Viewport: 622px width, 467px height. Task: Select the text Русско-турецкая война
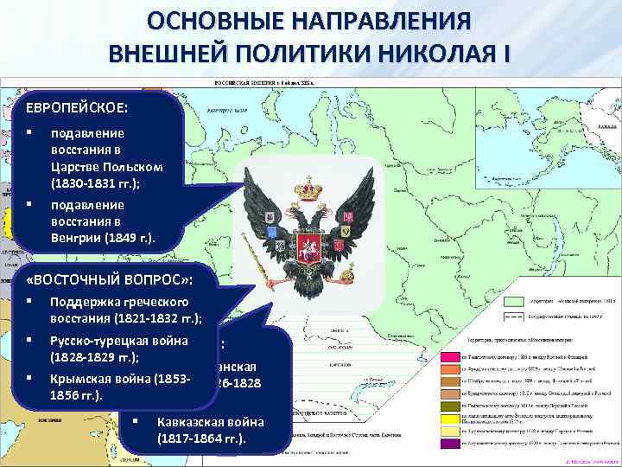pos(119,340)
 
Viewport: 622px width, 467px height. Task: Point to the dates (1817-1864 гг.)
pos(201,438)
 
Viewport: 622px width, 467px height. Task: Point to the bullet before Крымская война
pos(29,379)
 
